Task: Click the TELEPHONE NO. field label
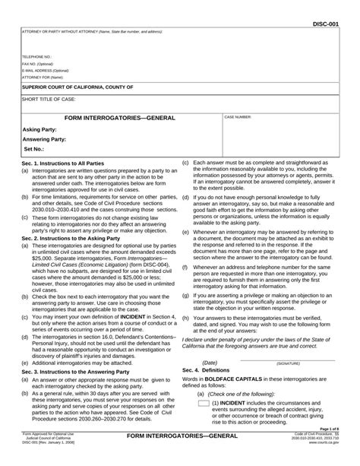point(37,56)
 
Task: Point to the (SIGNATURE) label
point(292,363)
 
